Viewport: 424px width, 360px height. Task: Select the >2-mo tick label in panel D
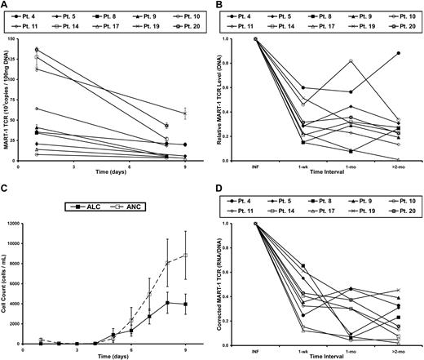coord(398,351)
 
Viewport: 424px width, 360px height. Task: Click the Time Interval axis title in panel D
coord(328,358)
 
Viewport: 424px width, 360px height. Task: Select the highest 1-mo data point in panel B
coord(351,61)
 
